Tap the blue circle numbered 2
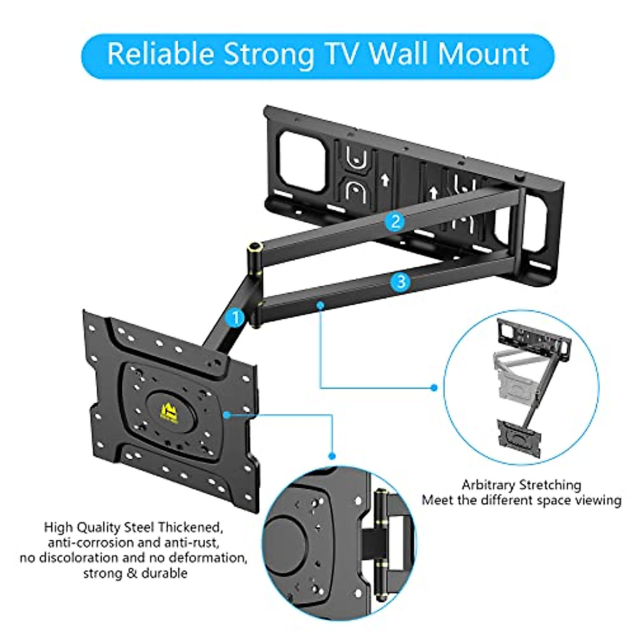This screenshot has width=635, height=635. [395, 221]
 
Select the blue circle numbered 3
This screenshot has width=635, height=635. [401, 282]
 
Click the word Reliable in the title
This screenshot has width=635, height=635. [160, 54]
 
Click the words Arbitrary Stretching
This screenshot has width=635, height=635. [521, 485]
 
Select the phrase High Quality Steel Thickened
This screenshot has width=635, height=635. [132, 527]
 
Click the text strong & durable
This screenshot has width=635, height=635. [135, 573]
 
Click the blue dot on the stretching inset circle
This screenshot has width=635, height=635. [434, 388]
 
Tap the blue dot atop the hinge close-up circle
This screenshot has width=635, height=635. [332, 456]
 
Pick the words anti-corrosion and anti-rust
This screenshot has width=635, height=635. [132, 542]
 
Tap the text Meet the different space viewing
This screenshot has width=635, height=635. [521, 500]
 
